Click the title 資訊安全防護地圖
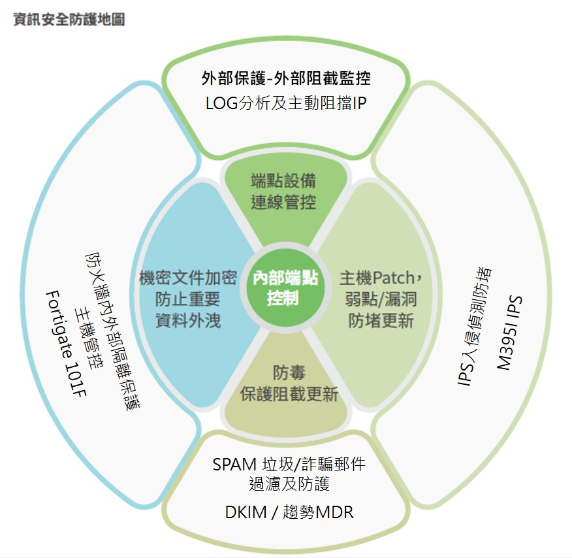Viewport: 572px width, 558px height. click(x=69, y=20)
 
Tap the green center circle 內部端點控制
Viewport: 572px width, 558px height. click(x=285, y=288)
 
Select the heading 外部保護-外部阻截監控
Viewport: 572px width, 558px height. click(x=286, y=79)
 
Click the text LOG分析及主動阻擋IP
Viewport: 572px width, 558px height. click(x=286, y=103)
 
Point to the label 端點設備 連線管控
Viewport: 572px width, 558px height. click(x=283, y=191)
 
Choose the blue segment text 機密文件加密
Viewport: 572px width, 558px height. click(x=188, y=278)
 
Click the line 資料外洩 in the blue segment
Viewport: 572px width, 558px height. click(x=188, y=321)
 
